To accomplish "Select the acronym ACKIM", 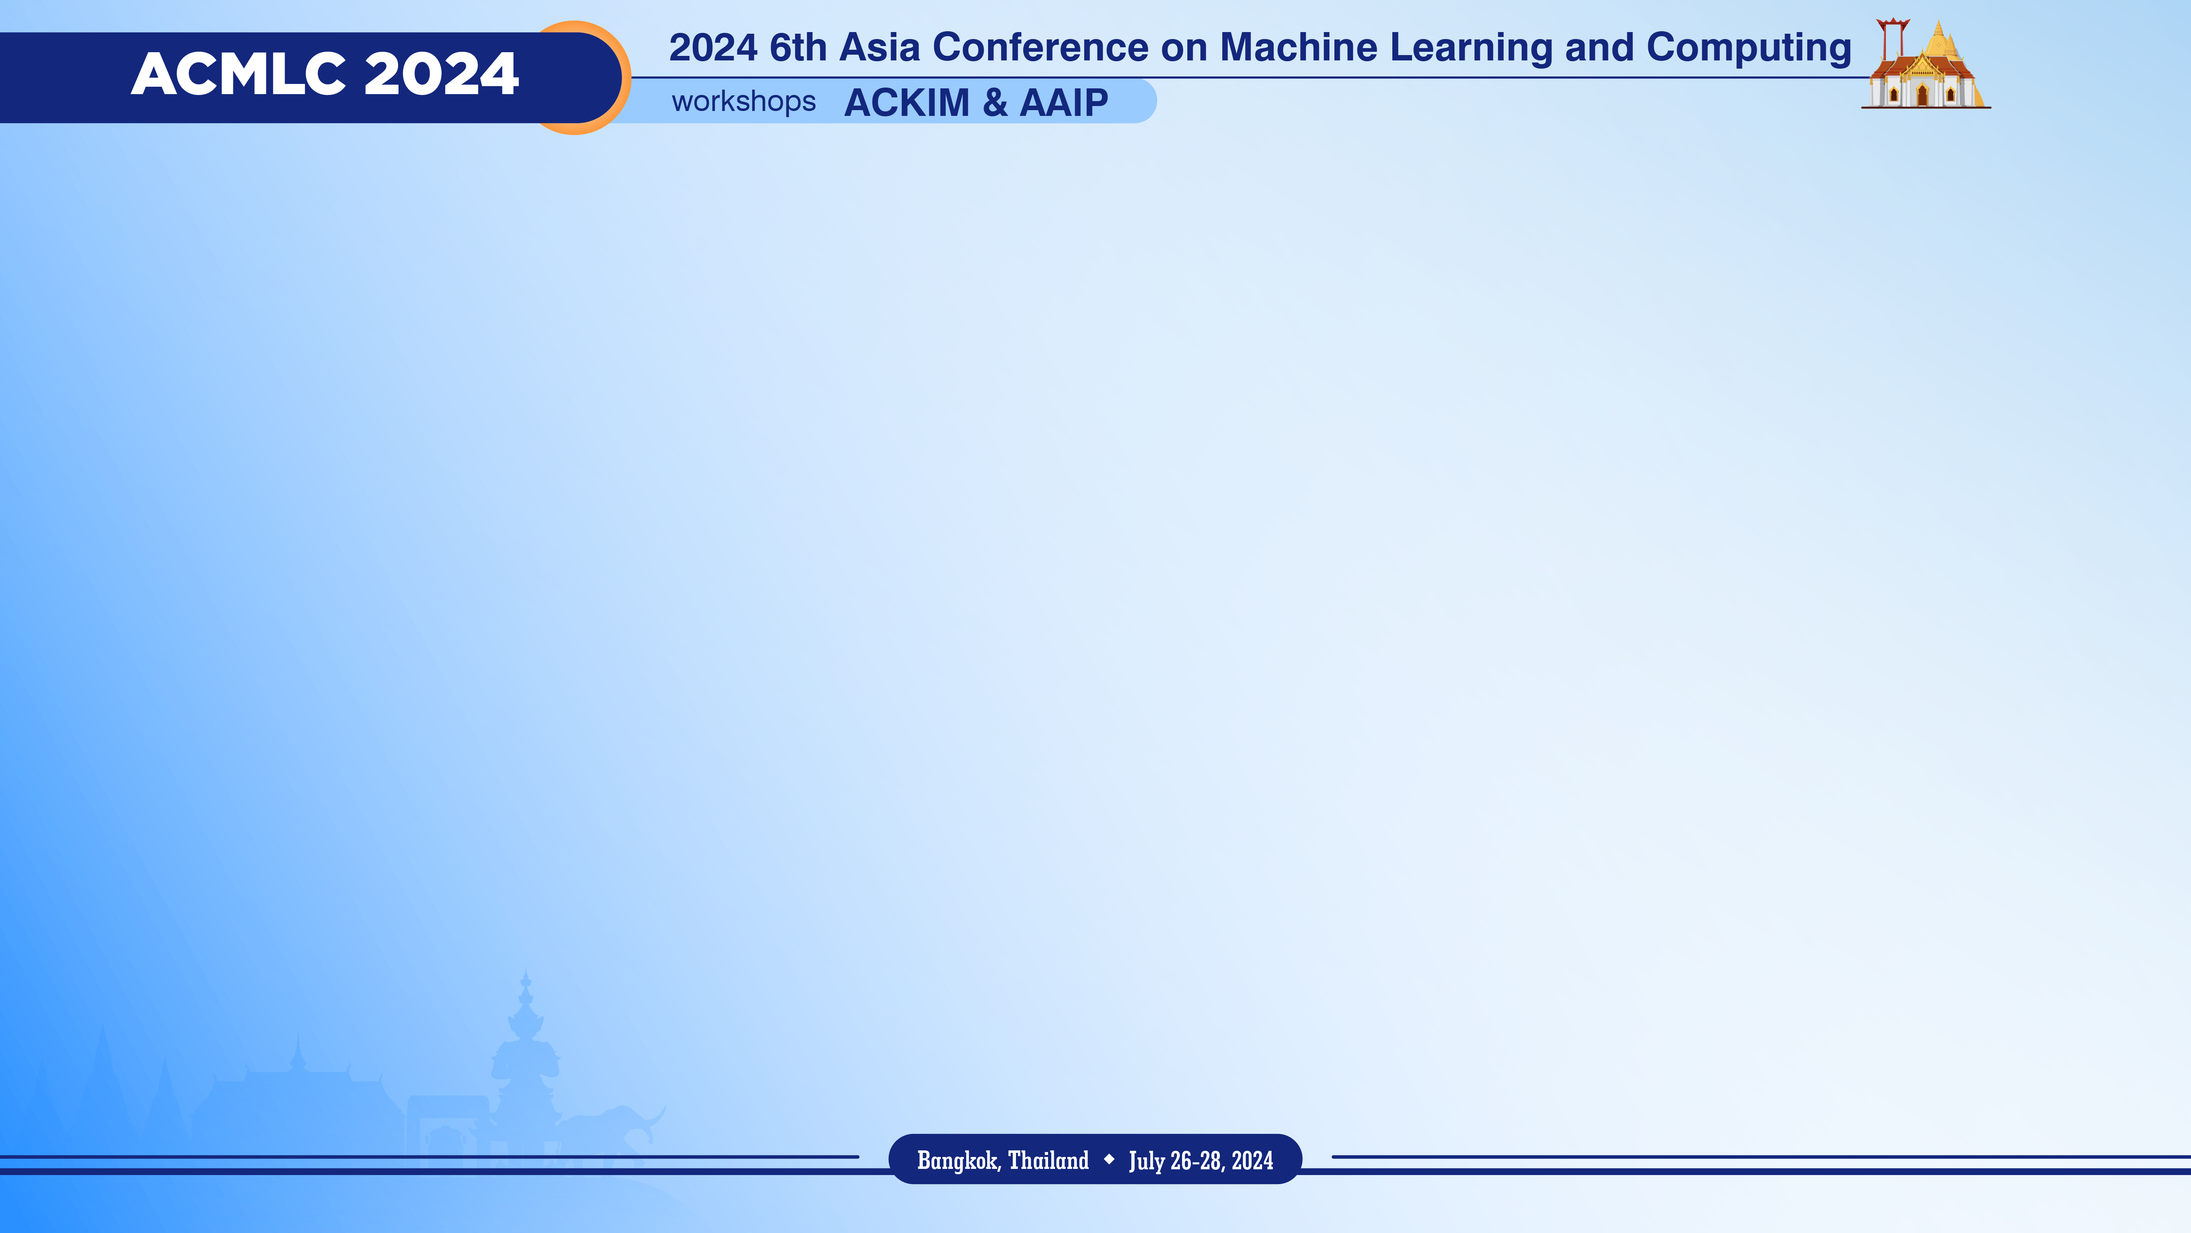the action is pos(907,103).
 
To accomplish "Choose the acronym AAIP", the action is pos(1064,103).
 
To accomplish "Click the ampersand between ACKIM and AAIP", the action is pos(995,103).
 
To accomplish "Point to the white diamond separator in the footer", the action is pos(1109,1159).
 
